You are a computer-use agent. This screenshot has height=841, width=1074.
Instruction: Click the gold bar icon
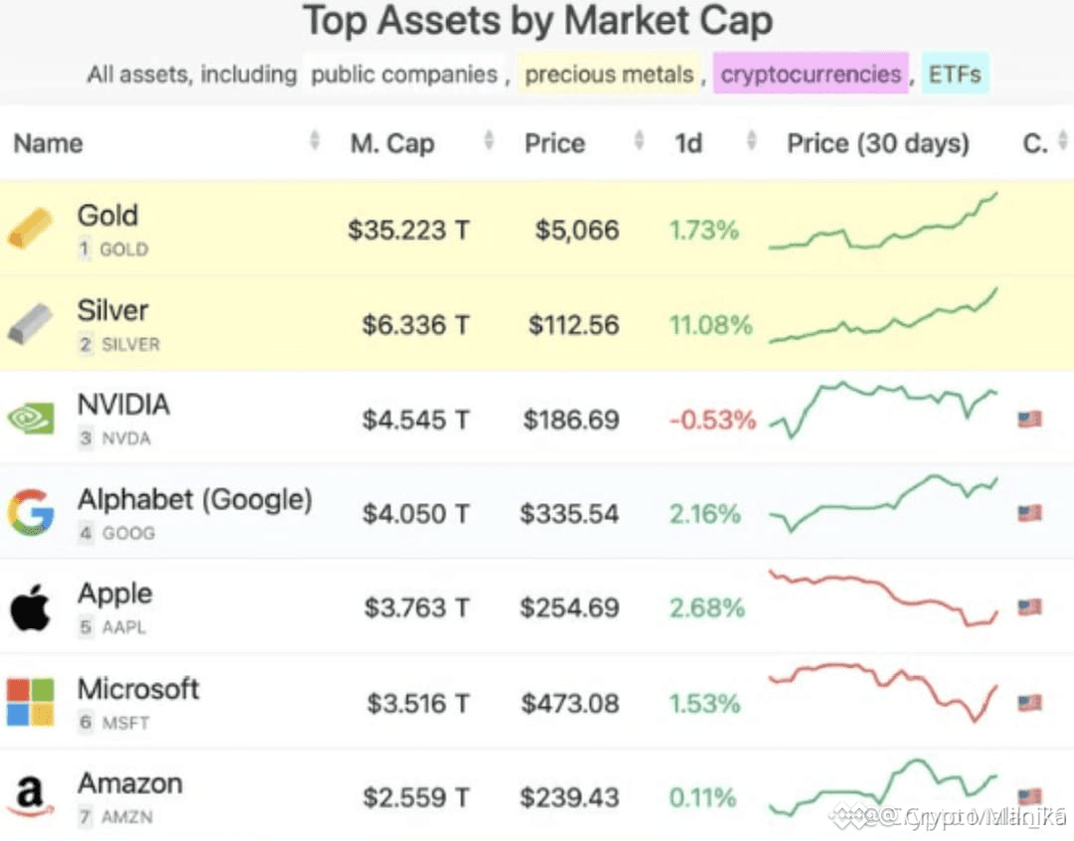(31, 229)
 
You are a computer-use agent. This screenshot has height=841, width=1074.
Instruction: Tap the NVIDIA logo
(31, 419)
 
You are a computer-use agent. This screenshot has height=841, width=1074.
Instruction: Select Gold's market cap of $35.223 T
(408, 231)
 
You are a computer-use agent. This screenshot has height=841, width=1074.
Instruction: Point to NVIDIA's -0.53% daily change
(712, 420)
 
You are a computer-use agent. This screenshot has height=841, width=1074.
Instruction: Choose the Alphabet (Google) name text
(195, 499)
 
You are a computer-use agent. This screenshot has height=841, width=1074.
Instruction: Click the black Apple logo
(31, 607)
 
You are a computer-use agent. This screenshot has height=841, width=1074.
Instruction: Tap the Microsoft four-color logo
(31, 702)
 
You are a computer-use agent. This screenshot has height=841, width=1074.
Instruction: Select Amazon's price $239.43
(569, 797)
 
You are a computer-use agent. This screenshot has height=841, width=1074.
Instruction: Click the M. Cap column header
(392, 143)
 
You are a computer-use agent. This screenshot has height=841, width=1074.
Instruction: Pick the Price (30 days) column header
(877, 143)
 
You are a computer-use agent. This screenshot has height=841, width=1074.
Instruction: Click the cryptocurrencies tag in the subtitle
(810, 75)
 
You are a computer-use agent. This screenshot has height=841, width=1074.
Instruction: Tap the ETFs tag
(955, 75)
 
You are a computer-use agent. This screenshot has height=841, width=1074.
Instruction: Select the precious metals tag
(609, 75)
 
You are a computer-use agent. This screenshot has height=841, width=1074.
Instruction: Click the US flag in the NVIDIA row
(1029, 420)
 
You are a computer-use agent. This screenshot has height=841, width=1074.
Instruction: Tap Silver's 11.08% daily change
(710, 325)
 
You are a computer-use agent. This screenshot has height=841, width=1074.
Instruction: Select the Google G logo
(31, 513)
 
